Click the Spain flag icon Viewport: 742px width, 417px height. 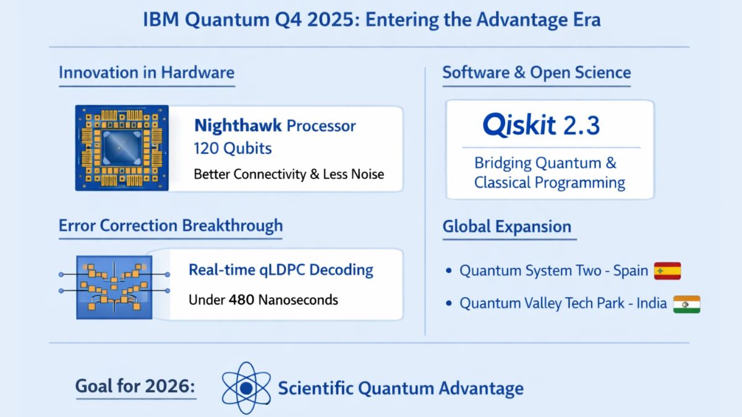[x=667, y=271]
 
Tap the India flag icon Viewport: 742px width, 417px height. [x=686, y=304]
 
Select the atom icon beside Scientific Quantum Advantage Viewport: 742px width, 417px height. [x=246, y=388]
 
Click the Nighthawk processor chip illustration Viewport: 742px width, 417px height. [x=122, y=148]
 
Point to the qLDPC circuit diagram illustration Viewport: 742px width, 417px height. [x=114, y=286]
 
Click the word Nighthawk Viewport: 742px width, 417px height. [x=237, y=126]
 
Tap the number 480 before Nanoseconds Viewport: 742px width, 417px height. [x=241, y=300]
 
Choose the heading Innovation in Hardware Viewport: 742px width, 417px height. [x=147, y=72]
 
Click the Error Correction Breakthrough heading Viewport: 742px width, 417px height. [x=171, y=225]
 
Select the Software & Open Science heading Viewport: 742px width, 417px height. [x=536, y=72]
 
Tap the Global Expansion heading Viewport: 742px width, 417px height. [x=506, y=226]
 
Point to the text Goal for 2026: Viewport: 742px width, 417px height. [x=135, y=387]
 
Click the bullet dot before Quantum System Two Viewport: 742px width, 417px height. [x=449, y=272]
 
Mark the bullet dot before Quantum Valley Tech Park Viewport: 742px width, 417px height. [x=449, y=304]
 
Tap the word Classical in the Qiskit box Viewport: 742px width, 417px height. [x=510, y=183]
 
